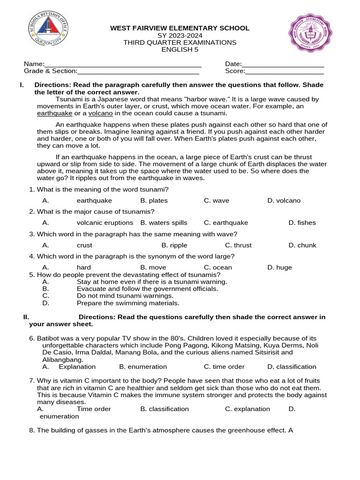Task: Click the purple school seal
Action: click(310, 33)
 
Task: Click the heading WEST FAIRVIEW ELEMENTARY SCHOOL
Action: click(180, 28)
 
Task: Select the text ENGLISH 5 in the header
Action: click(180, 50)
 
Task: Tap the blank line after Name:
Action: click(123, 65)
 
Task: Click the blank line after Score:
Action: click(285, 72)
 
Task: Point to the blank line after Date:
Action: click(283, 65)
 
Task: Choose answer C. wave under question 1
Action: click(217, 201)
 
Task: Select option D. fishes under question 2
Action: click(302, 223)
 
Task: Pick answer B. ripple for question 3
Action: click(174, 245)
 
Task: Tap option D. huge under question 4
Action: click(279, 268)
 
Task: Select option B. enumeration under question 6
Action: click(143, 367)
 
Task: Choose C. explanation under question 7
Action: click(247, 409)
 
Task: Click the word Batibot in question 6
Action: click(48, 338)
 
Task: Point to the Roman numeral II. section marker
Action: click(26, 317)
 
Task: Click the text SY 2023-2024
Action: click(180, 36)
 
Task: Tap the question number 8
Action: click(32, 430)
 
